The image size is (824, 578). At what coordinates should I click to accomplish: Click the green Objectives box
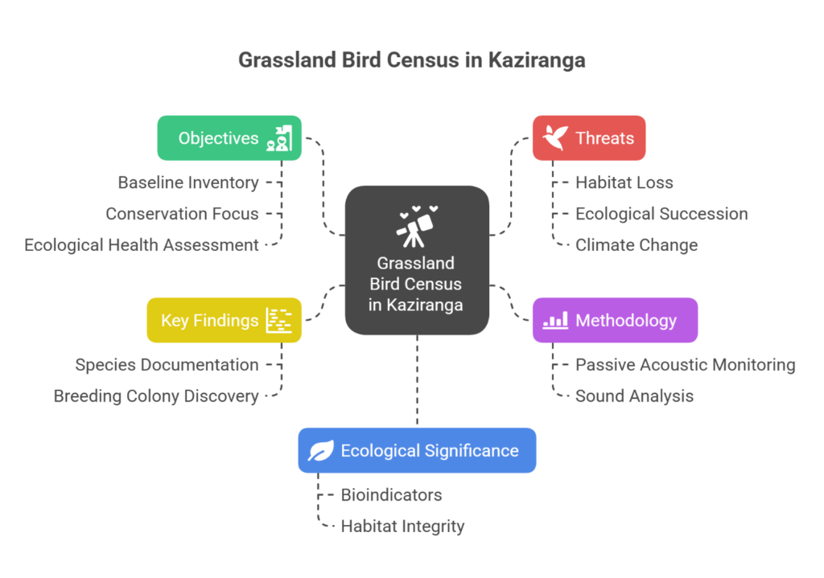pyautogui.click(x=229, y=138)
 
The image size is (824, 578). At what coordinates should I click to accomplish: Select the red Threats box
pyautogui.click(x=589, y=138)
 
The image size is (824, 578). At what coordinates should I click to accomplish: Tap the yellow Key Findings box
pyautogui.click(x=224, y=320)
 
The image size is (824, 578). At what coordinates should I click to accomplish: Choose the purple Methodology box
pyautogui.click(x=615, y=320)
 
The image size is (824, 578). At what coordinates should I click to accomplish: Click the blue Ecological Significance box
pyautogui.click(x=417, y=450)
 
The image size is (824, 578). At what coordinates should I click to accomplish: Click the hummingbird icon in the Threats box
pyautogui.click(x=555, y=138)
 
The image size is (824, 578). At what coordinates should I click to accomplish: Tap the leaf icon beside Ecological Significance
pyautogui.click(x=320, y=451)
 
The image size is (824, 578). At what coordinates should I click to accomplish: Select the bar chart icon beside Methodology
pyautogui.click(x=555, y=320)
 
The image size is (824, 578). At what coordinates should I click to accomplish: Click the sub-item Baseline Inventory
pyautogui.click(x=188, y=182)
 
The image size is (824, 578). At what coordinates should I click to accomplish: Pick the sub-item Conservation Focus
pyautogui.click(x=182, y=214)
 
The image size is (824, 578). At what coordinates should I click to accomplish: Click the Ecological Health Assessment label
pyautogui.click(x=142, y=245)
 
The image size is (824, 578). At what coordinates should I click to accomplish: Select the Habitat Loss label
pyautogui.click(x=624, y=182)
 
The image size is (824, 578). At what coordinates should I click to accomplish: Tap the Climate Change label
pyautogui.click(x=637, y=245)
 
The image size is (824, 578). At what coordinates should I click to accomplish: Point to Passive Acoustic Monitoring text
pyautogui.click(x=685, y=365)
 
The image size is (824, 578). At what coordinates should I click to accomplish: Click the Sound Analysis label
pyautogui.click(x=634, y=396)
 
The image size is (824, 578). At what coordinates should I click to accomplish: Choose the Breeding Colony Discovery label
pyautogui.click(x=156, y=396)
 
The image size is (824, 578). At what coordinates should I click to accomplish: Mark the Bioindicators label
pyautogui.click(x=391, y=495)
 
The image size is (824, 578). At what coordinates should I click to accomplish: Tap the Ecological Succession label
pyautogui.click(x=661, y=214)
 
